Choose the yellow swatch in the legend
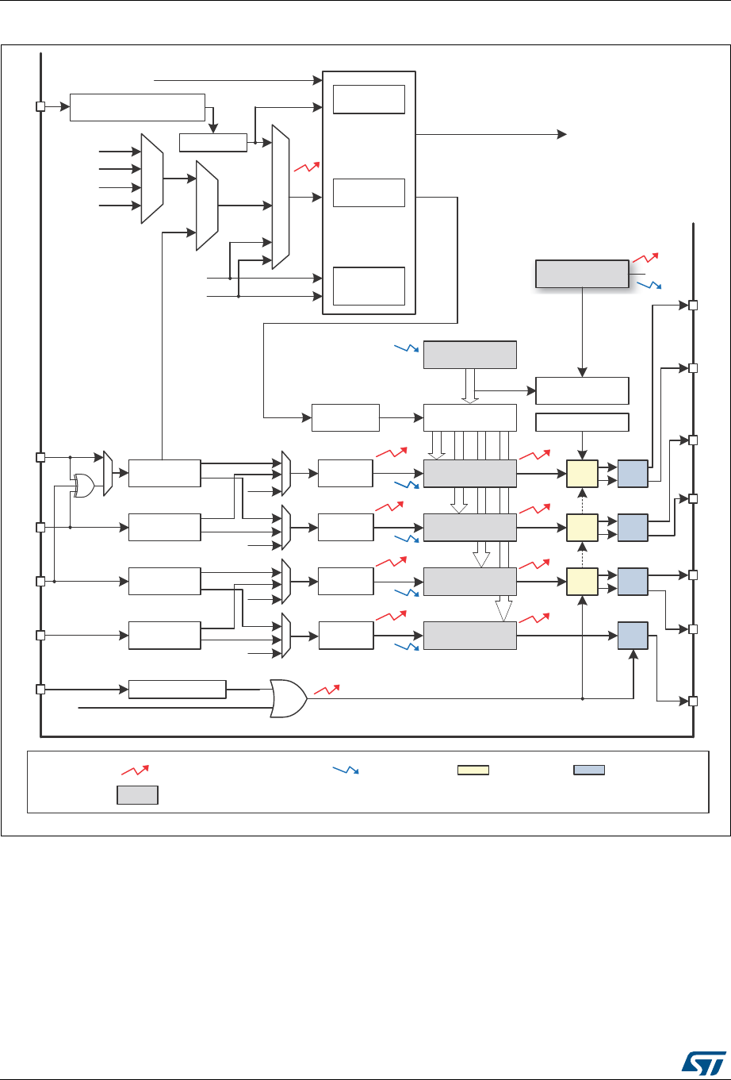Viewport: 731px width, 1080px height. pyautogui.click(x=473, y=769)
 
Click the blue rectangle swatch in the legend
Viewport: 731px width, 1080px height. pyautogui.click(x=589, y=769)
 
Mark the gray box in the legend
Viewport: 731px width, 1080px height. pyautogui.click(x=137, y=795)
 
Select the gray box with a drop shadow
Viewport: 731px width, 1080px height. pyautogui.click(x=582, y=273)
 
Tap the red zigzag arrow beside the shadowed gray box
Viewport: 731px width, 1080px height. pyautogui.click(x=645, y=258)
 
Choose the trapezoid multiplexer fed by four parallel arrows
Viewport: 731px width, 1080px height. pyautogui.click(x=151, y=179)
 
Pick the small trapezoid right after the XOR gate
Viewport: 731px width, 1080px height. pyautogui.click(x=109, y=474)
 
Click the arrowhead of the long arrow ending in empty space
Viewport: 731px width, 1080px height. pyautogui.click(x=562, y=134)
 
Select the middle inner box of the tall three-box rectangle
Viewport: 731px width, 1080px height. pyautogui.click(x=369, y=192)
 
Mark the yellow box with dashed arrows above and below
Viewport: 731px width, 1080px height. pyautogui.click(x=583, y=526)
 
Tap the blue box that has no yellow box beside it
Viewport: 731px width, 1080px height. pyautogui.click(x=633, y=635)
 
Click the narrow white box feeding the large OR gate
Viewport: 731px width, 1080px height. pyautogui.click(x=177, y=689)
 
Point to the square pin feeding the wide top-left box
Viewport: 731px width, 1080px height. pyautogui.click(x=40, y=106)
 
